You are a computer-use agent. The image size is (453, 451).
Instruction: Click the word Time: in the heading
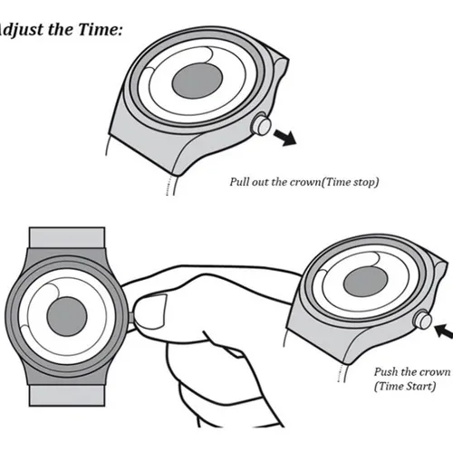pos(100,29)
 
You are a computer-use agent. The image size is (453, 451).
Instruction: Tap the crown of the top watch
pos(261,124)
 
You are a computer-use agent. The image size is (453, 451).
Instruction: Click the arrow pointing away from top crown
pos(284,138)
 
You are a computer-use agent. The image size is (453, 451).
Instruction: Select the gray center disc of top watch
pos(198,81)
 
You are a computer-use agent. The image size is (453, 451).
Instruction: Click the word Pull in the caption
pos(239,182)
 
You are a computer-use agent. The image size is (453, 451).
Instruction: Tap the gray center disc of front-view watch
pos(67,316)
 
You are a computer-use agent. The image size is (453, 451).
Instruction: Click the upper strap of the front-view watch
pos(67,238)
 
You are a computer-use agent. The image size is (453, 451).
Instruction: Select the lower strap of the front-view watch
pos(67,396)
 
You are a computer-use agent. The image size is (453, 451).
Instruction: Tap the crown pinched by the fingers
pos(131,317)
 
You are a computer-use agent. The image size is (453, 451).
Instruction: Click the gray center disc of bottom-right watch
pos(365,282)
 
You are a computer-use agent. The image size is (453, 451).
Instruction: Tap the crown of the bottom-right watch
pos(422,319)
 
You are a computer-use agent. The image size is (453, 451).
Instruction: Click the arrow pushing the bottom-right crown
pos(443,331)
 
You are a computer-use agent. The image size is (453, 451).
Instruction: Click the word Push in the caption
pos(386,372)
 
